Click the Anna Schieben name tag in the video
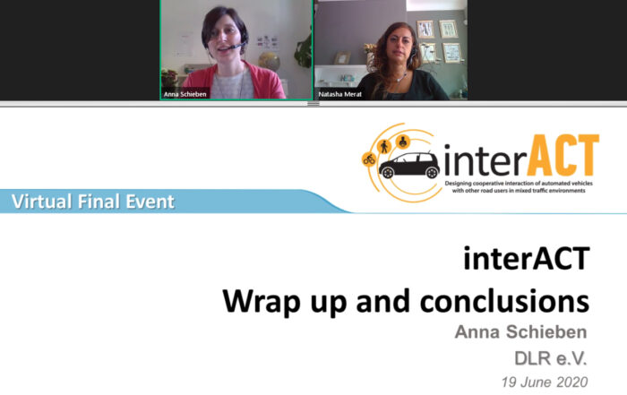click(x=185, y=94)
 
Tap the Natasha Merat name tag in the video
click(x=339, y=94)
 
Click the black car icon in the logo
click(x=409, y=165)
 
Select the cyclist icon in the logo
click(x=369, y=159)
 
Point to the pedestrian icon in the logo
click(x=384, y=147)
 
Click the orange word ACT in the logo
click(x=563, y=155)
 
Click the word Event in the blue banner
click(x=150, y=202)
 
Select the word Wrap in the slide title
click(x=262, y=302)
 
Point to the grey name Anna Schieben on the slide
click(x=520, y=331)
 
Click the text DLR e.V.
click(x=551, y=358)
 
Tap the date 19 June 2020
click(x=545, y=382)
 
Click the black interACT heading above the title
click(x=527, y=258)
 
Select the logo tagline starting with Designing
click(x=519, y=186)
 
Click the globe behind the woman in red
click(x=269, y=62)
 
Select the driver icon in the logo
click(x=402, y=142)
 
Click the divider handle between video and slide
click(x=313, y=104)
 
